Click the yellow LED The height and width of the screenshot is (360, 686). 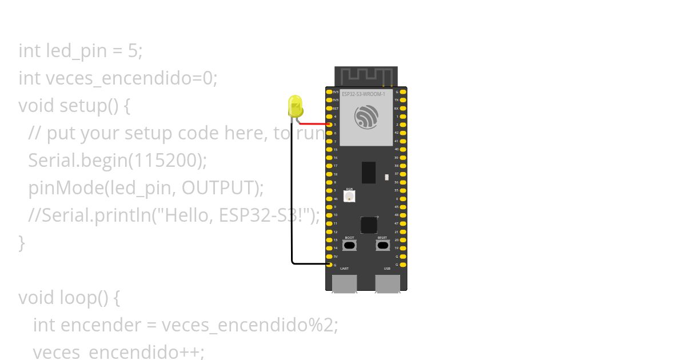pyautogui.click(x=295, y=107)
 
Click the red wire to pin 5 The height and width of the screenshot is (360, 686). pyautogui.click(x=313, y=123)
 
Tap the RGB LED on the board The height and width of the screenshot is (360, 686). pyautogui.click(x=349, y=196)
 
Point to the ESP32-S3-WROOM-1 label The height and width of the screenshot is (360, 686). pyautogui.click(x=364, y=94)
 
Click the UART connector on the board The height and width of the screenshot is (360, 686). pyautogui.click(x=344, y=283)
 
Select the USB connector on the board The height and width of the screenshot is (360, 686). pyautogui.click(x=387, y=283)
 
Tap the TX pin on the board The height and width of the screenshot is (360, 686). pyautogui.click(x=404, y=99)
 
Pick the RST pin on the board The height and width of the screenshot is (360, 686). pyautogui.click(x=329, y=108)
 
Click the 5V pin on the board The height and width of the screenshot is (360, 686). pyautogui.click(x=329, y=257)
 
